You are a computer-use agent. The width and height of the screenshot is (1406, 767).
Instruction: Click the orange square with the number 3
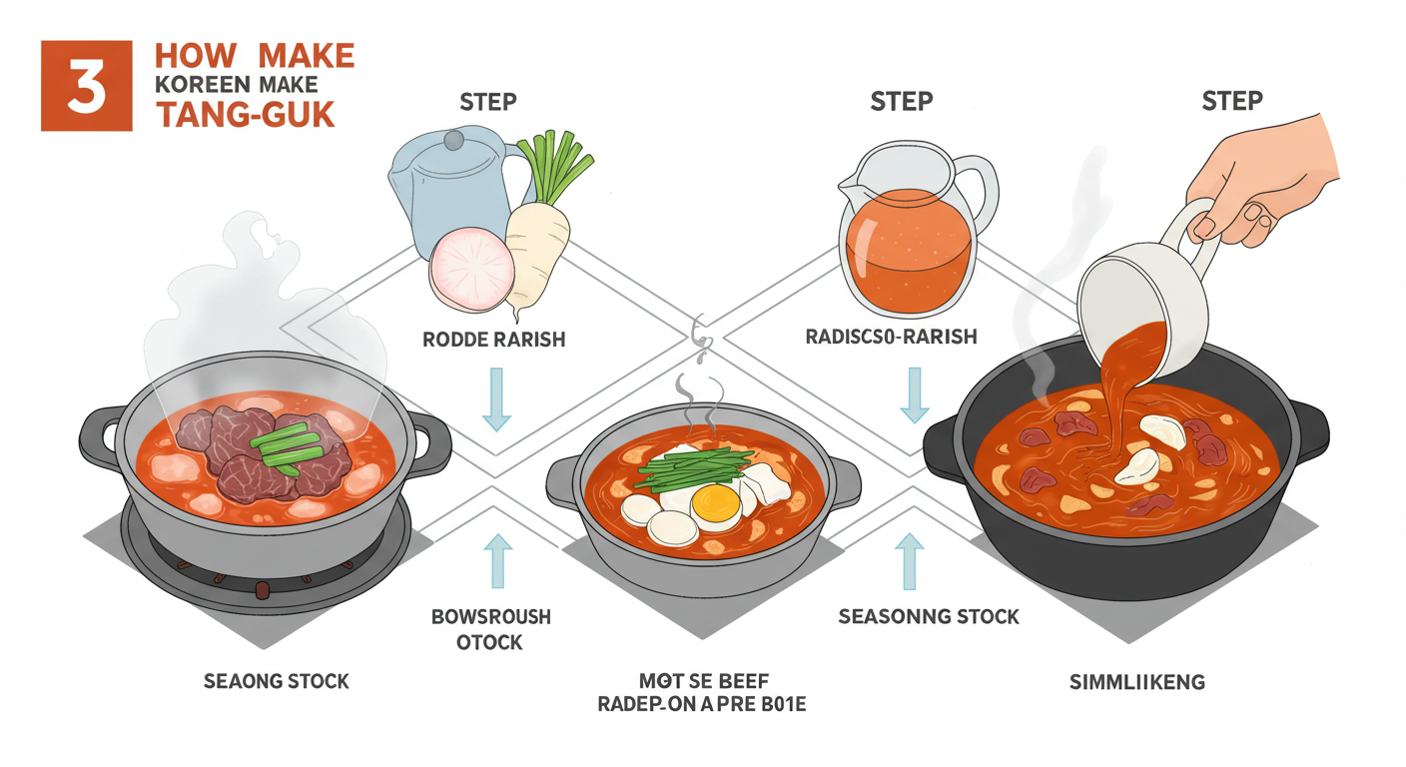tap(86, 85)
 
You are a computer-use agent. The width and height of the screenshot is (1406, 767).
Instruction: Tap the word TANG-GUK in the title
tap(246, 114)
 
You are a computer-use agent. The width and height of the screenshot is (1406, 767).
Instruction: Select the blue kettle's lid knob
tap(454, 138)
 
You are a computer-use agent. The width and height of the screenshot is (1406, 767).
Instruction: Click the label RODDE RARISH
tap(493, 340)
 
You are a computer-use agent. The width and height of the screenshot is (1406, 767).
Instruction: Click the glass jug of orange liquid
tap(909, 236)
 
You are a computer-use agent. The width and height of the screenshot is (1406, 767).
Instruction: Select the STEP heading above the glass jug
tap(902, 103)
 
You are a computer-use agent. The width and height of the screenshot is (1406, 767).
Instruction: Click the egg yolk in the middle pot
tap(716, 505)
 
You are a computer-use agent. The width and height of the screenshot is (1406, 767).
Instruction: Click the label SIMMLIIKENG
tap(1136, 682)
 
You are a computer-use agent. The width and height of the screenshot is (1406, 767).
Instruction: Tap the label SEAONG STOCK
tap(277, 682)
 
